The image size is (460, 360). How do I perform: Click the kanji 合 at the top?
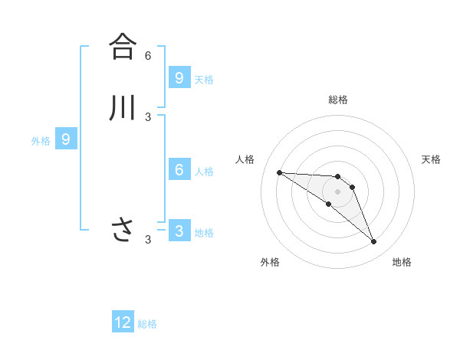[x=122, y=46]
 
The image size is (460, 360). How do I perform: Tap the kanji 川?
[x=122, y=107]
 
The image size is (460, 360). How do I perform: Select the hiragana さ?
[x=122, y=229]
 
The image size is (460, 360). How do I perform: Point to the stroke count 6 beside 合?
[x=148, y=56]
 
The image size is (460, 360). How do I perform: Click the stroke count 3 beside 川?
[x=148, y=117]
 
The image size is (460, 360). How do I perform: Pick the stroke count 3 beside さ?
[x=148, y=240]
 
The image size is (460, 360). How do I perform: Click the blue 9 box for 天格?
[x=179, y=77]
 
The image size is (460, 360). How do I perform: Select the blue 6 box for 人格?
[x=179, y=169]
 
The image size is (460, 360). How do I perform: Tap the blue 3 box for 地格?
[x=179, y=231]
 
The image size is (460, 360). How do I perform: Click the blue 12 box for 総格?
[x=123, y=322]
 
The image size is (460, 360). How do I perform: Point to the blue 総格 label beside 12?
[x=147, y=324]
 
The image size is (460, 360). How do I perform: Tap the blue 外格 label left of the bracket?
[x=41, y=141]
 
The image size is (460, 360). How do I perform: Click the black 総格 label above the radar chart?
[x=338, y=100]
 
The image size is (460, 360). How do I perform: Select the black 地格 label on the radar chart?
[x=402, y=262]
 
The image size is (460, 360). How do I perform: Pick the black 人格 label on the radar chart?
[x=245, y=159]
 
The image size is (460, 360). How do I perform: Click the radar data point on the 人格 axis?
[x=279, y=172]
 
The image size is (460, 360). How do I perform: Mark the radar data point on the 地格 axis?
[x=374, y=242]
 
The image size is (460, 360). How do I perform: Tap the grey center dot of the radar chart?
[x=337, y=191]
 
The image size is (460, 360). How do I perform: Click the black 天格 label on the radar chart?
[x=432, y=159]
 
